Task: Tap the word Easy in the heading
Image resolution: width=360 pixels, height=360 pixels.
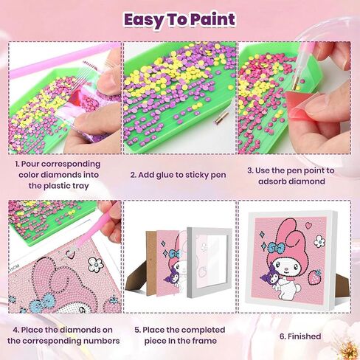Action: [x=144, y=19]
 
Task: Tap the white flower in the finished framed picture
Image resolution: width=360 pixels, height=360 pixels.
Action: [x=319, y=240]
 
